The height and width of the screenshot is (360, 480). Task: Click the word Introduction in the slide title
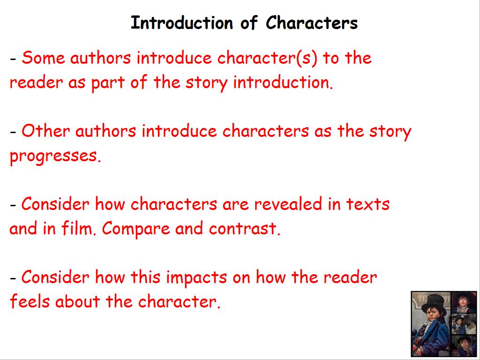181,23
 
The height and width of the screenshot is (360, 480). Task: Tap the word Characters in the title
312,22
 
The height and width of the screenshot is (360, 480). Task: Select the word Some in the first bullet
43,58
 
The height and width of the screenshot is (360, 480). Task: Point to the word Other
45,131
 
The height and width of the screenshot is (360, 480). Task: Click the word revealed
288,204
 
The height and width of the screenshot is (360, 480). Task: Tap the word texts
367,204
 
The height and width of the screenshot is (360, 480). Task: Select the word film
79,228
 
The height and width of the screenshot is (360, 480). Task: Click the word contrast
245,229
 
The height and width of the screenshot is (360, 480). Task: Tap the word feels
30,301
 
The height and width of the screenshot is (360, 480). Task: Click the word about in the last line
77,301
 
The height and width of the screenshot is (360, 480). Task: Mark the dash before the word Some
13,59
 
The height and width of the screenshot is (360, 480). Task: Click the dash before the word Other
13,132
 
